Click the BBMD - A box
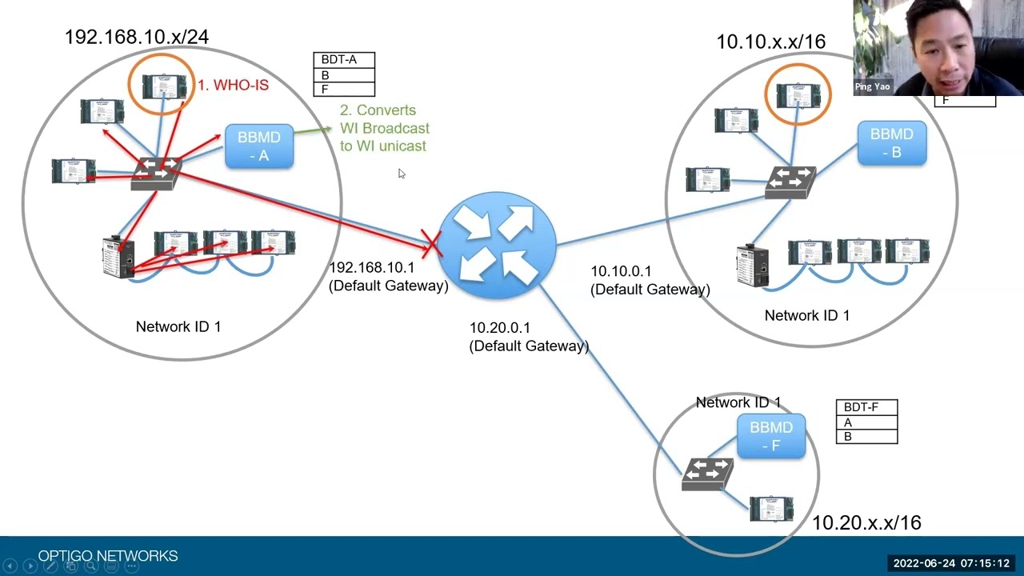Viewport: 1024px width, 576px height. pos(258,146)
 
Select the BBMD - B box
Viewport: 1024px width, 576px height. pos(891,143)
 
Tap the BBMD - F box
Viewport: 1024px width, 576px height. pos(770,436)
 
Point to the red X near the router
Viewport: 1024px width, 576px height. pos(432,244)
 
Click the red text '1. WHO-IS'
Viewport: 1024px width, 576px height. pos(233,86)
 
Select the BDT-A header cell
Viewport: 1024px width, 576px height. pos(343,60)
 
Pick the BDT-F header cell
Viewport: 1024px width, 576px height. pos(866,407)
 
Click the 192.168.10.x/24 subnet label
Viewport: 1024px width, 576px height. pos(137,37)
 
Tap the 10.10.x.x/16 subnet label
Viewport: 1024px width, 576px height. pos(770,42)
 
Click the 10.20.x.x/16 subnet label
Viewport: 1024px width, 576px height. pos(866,523)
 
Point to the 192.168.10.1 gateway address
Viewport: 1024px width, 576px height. pos(372,268)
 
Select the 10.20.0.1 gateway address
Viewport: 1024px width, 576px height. pos(500,328)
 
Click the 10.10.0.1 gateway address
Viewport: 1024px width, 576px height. pos(621,272)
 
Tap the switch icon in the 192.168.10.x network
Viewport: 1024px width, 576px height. pos(156,173)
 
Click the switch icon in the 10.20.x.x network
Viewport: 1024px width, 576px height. pos(707,474)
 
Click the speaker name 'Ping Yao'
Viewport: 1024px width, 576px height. pos(872,86)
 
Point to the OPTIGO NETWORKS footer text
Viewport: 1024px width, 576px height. pos(108,556)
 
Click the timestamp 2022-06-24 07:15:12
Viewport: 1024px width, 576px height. pos(951,563)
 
